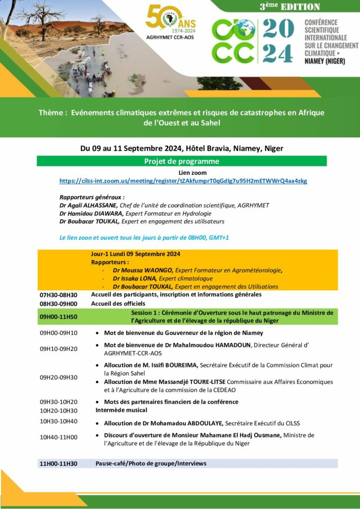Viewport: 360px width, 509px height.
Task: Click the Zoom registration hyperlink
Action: [x=183, y=181]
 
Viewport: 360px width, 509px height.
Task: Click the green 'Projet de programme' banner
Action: [x=181, y=161]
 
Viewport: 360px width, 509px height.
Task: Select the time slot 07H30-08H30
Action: [x=59, y=295]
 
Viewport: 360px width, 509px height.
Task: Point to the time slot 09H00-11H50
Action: [x=59, y=316]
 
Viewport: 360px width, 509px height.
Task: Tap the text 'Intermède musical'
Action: [x=121, y=410]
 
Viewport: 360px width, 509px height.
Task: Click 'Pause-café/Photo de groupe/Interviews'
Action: [x=151, y=463]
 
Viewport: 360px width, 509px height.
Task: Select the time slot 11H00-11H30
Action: [x=59, y=464]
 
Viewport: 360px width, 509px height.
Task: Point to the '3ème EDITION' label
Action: [x=290, y=6]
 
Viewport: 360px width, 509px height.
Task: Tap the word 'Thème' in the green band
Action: [x=52, y=113]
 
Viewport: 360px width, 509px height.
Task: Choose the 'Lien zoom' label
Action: [x=182, y=172]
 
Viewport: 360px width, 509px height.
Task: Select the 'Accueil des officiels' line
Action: [x=118, y=303]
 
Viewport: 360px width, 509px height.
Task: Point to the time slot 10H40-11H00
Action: [x=59, y=437]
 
